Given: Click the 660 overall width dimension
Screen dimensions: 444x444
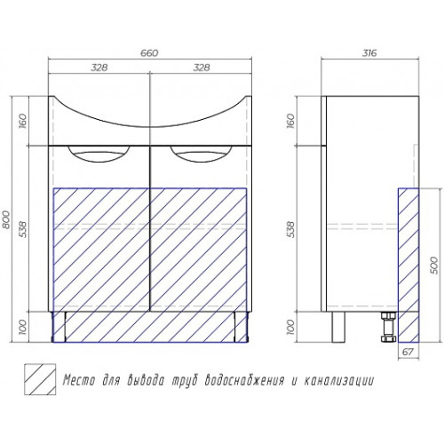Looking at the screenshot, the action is click(150, 53).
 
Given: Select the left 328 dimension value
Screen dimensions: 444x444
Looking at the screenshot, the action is click(99, 67).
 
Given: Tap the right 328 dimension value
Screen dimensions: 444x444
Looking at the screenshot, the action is click(202, 67).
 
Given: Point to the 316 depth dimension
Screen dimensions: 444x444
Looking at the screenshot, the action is click(369, 53).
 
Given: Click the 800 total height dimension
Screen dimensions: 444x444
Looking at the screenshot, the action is click(6, 219).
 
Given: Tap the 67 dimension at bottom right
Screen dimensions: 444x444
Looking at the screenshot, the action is click(408, 352).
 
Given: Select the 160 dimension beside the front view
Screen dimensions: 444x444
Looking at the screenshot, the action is click(23, 121).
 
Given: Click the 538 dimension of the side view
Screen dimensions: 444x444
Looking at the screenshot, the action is click(291, 229).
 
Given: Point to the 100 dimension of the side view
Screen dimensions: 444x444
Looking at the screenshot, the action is click(291, 327).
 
